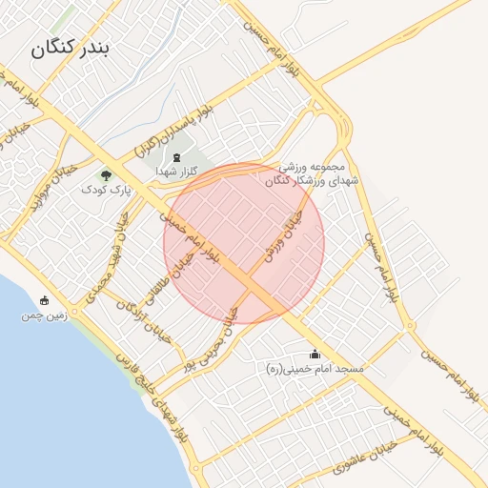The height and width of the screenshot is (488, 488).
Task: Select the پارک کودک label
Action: pyautogui.click(x=105, y=190)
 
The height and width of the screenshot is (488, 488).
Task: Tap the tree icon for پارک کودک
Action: pyautogui.click(x=105, y=175)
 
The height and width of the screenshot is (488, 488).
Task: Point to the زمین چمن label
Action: pyautogui.click(x=44, y=315)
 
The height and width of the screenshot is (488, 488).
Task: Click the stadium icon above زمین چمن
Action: pyautogui.click(x=44, y=300)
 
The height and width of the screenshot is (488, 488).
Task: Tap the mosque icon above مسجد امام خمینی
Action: pyautogui.click(x=315, y=354)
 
